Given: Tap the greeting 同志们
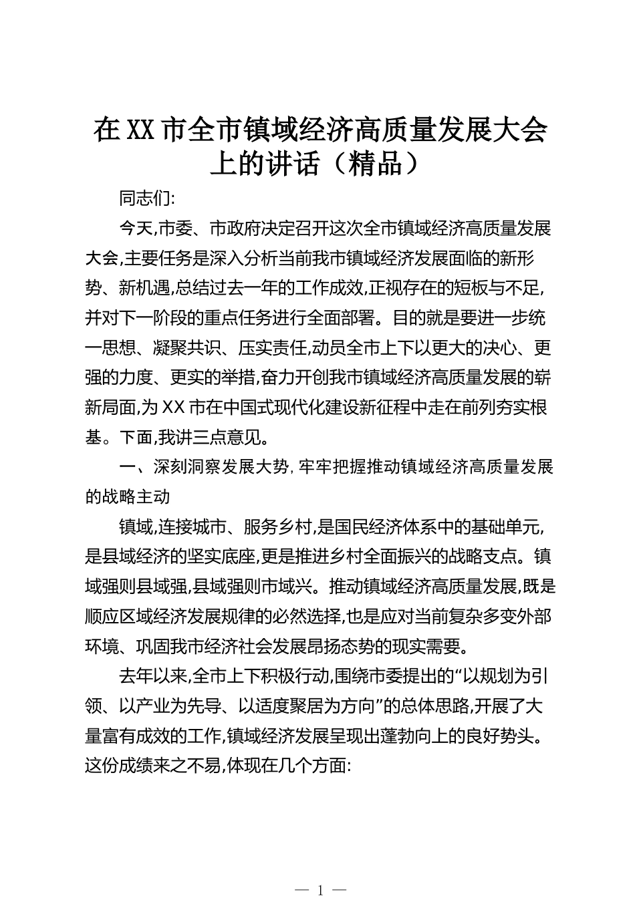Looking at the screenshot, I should [x=144, y=198].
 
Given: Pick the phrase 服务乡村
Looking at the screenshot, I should [x=279, y=527].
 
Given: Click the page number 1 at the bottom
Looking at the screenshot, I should [x=321, y=889].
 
